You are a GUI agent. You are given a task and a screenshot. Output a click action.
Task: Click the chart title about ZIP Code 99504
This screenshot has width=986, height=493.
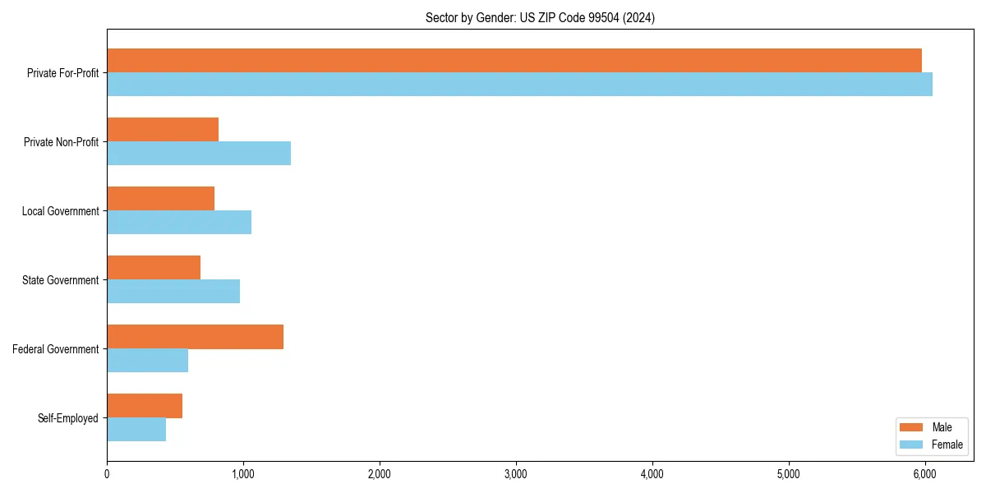click(540, 17)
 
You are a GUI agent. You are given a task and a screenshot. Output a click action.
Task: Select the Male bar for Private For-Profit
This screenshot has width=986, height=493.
click(514, 61)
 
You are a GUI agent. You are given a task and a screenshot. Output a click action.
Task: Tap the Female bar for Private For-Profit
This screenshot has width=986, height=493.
click(519, 85)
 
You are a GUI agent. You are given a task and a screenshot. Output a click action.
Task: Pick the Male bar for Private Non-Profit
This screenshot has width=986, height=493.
click(163, 130)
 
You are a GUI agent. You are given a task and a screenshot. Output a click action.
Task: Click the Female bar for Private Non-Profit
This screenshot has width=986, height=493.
click(199, 154)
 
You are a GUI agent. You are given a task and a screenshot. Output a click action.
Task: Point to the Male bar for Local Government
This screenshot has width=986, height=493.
click(160, 199)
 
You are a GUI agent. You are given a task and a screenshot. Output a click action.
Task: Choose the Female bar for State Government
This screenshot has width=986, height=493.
click(173, 292)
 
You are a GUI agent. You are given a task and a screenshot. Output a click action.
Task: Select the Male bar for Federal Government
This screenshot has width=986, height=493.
click(195, 337)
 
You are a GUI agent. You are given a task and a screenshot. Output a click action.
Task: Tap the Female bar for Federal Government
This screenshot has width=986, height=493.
click(147, 361)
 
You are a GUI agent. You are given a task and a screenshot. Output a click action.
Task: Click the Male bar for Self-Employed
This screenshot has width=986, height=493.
click(145, 406)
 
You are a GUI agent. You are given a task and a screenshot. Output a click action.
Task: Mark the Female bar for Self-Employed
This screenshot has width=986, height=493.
click(136, 430)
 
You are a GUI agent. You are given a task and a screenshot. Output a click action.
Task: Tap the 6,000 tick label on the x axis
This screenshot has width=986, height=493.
click(924, 474)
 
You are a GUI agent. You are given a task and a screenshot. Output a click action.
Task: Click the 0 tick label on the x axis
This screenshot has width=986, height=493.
click(107, 474)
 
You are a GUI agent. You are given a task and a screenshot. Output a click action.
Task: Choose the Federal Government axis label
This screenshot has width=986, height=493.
click(56, 349)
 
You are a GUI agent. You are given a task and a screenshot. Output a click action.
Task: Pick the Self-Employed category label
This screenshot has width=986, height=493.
click(68, 418)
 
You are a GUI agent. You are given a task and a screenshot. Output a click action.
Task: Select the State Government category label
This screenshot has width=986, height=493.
click(60, 280)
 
